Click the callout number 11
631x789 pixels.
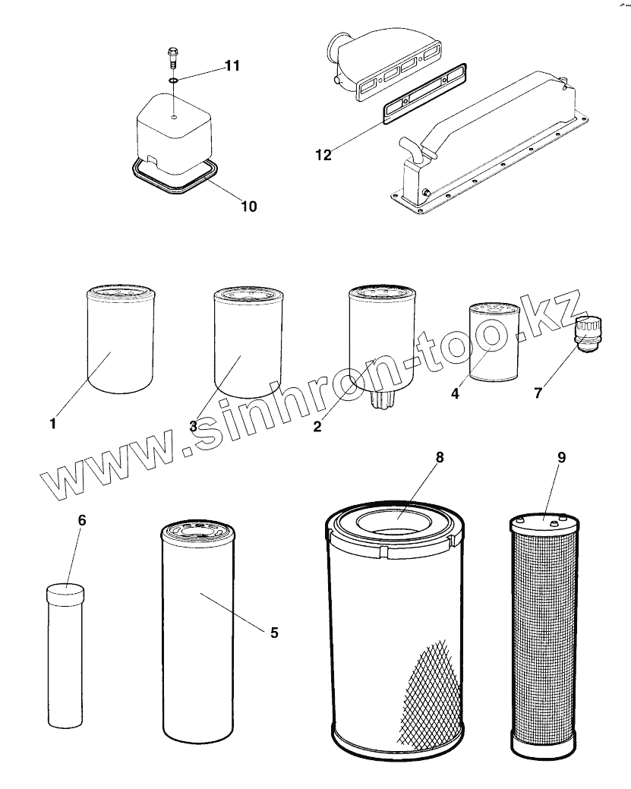point(232,66)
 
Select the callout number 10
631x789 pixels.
point(248,206)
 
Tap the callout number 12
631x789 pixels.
point(323,155)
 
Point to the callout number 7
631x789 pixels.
point(538,393)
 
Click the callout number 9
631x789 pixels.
point(561,457)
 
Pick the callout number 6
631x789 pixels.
point(82,520)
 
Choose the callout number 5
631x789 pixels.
point(274,632)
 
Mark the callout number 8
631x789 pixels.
point(439,457)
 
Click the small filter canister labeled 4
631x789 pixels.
point(492,342)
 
